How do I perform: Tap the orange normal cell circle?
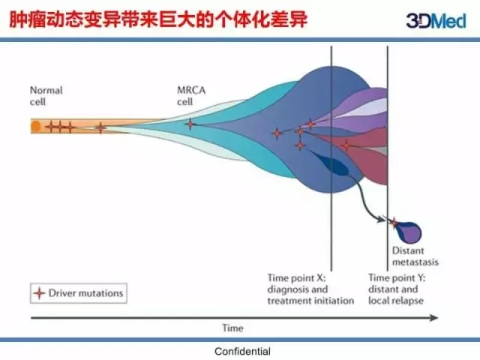(x=35, y=127)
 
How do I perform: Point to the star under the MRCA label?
(x=190, y=124)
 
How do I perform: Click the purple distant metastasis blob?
(x=412, y=231)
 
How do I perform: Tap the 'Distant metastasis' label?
(x=415, y=257)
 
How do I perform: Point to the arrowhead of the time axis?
(x=434, y=318)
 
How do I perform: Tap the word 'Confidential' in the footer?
(x=242, y=351)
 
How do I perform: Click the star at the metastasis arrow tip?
(x=394, y=222)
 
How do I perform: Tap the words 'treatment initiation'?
(x=310, y=301)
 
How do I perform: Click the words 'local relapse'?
(x=396, y=301)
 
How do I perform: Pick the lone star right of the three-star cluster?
(x=100, y=127)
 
